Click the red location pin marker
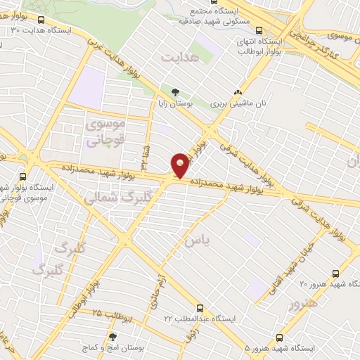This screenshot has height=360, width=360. pyautogui.click(x=181, y=165)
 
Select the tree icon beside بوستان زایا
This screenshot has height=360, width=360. pyautogui.click(x=175, y=92)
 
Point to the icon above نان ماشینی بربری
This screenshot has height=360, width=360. pyautogui.click(x=238, y=92)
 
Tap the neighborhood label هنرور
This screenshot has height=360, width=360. pyautogui.click(x=304, y=304)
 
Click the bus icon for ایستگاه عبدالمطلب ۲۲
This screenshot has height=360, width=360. pyautogui.click(x=200, y=308)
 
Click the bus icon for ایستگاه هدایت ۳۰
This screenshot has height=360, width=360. pyautogui.click(x=40, y=20)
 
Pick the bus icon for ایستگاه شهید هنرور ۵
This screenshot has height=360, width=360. pyautogui.click(x=280, y=338)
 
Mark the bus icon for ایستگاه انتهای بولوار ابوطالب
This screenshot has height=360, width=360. pyautogui.click(x=260, y=30)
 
